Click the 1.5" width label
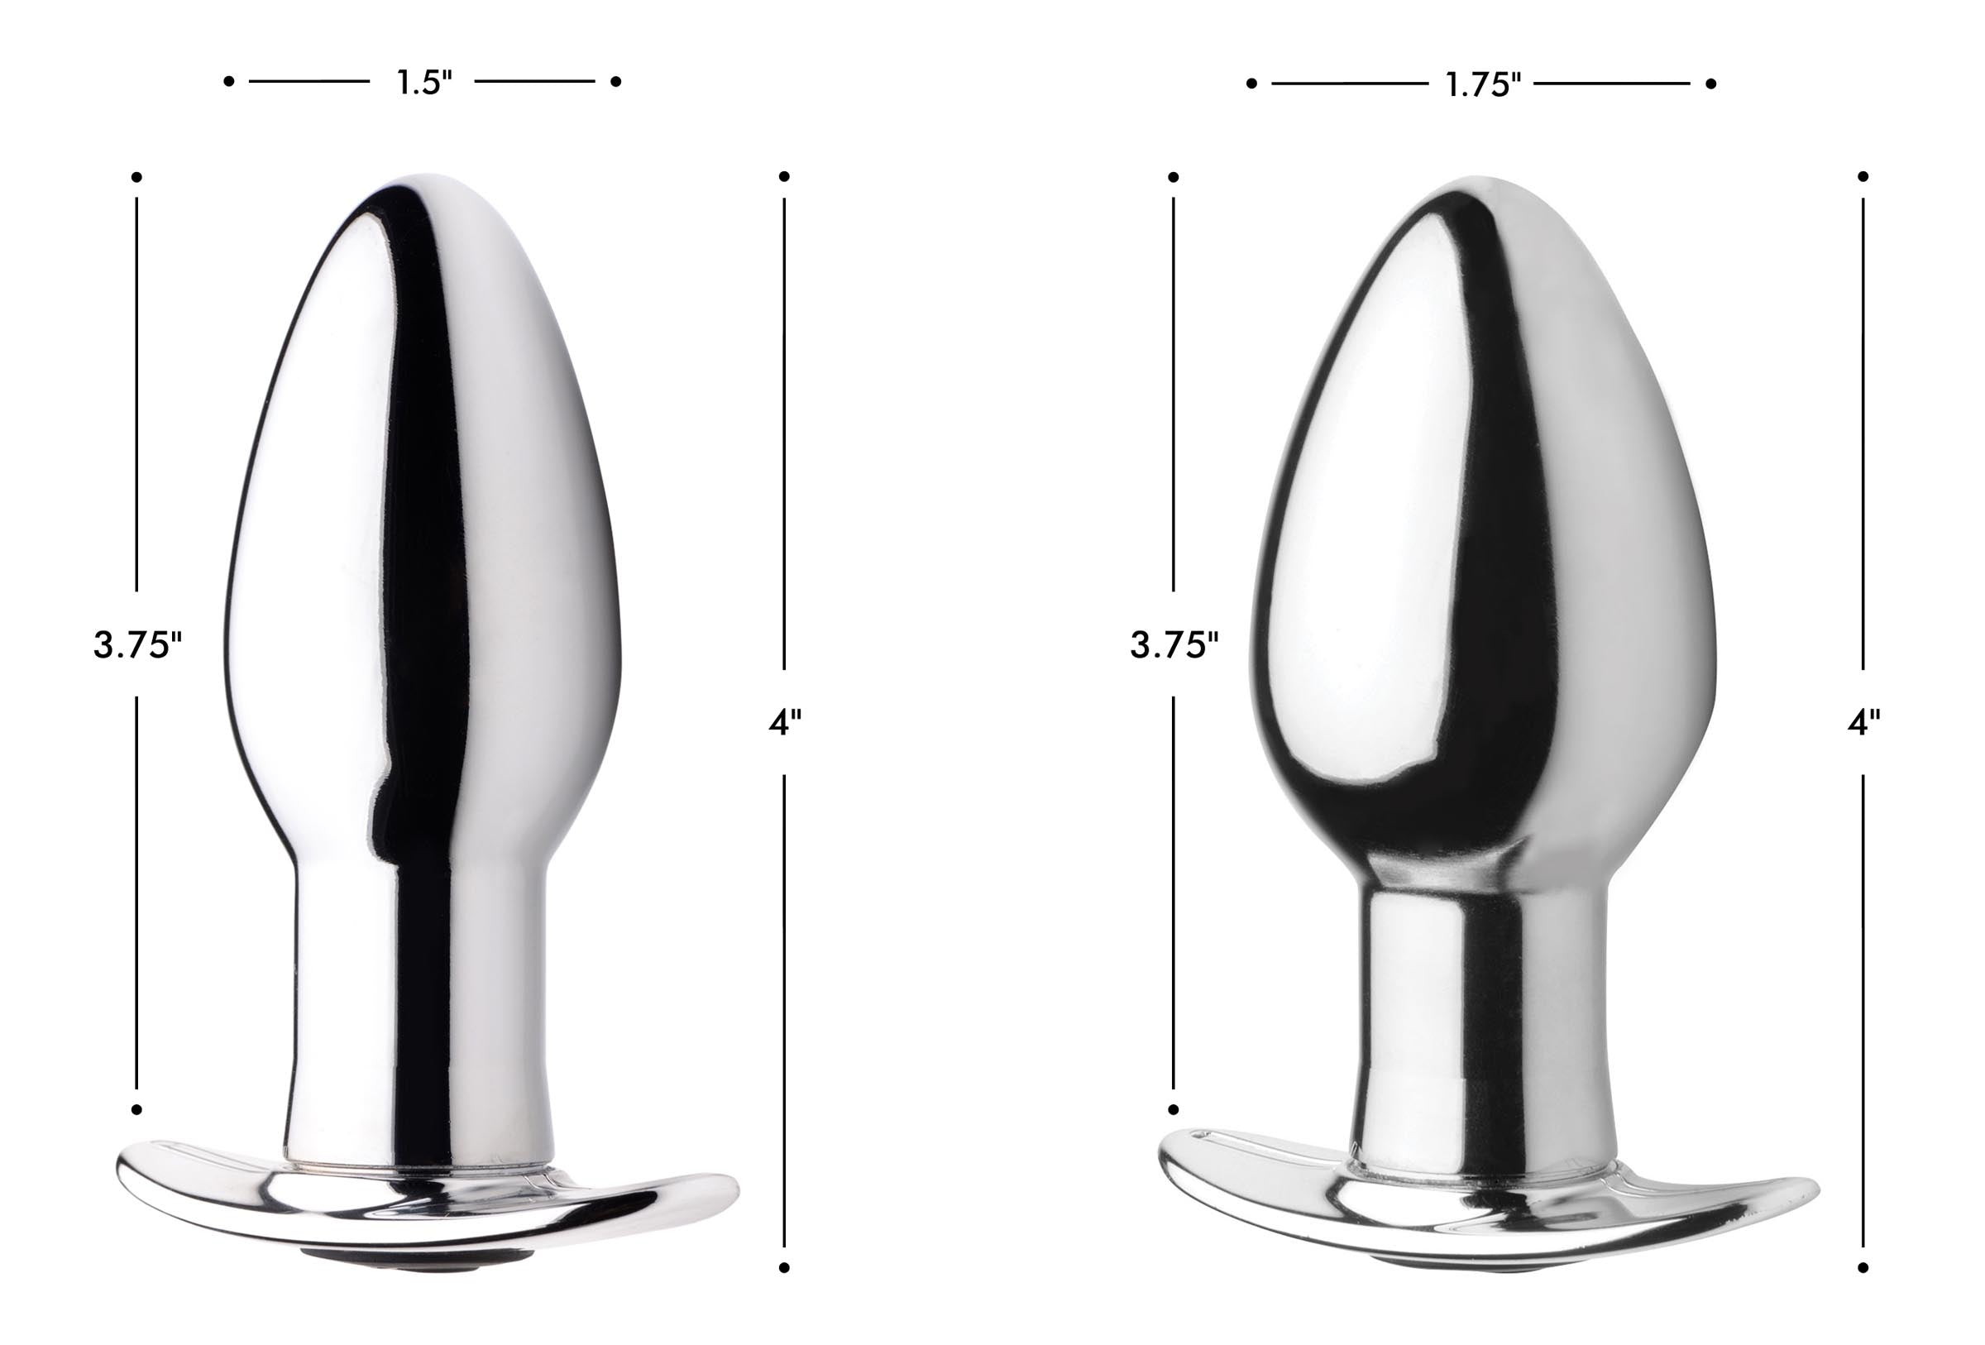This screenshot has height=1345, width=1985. point(423,82)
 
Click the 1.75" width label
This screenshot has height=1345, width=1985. point(1482,84)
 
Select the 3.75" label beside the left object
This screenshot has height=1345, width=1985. point(136,644)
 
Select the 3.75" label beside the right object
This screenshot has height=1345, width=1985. point(1174,644)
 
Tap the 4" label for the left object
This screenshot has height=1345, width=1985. point(784,722)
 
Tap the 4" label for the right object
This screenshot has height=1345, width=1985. point(1863,722)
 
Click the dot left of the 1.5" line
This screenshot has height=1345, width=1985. point(228,81)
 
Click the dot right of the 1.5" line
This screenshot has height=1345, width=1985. point(616,81)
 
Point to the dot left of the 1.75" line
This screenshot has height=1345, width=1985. point(1251,84)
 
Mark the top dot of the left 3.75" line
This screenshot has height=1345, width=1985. point(136,177)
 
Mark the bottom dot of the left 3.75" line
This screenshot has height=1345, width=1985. point(136,1109)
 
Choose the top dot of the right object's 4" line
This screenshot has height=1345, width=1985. point(1863,176)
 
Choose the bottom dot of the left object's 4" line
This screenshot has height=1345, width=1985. point(784,1267)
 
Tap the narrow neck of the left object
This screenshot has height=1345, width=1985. point(419,982)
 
